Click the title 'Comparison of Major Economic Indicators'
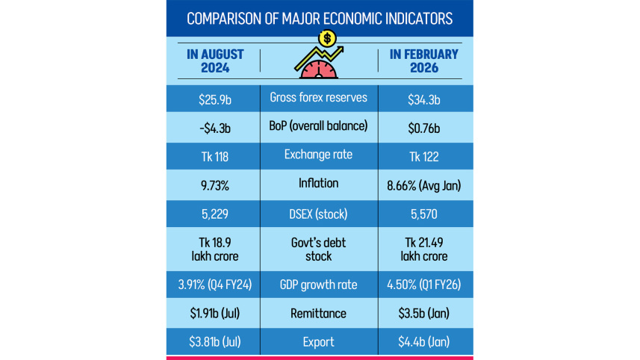319,17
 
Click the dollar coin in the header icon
326,38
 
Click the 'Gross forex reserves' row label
319,98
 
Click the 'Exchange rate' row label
319,155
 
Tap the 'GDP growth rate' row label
319,285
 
